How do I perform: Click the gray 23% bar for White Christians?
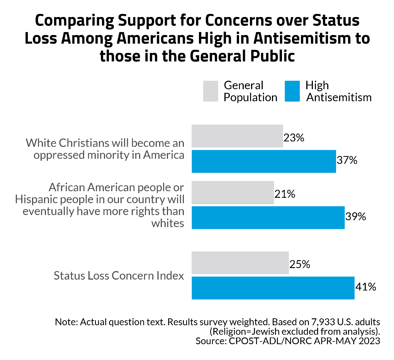(237, 136)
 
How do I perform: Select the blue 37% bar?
(264, 161)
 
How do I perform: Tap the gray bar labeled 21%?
(233, 192)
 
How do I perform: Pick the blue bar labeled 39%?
(268, 217)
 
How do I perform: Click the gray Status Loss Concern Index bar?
(240, 263)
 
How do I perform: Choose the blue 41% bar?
(273, 288)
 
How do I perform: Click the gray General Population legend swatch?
(211, 91)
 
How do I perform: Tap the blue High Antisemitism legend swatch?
(292, 91)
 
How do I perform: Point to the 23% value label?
(294, 138)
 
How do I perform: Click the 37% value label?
(347, 160)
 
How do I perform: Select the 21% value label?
(285, 194)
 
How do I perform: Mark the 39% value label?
(355, 217)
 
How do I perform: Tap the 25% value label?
(300, 265)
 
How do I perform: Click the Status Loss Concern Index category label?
(119, 276)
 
